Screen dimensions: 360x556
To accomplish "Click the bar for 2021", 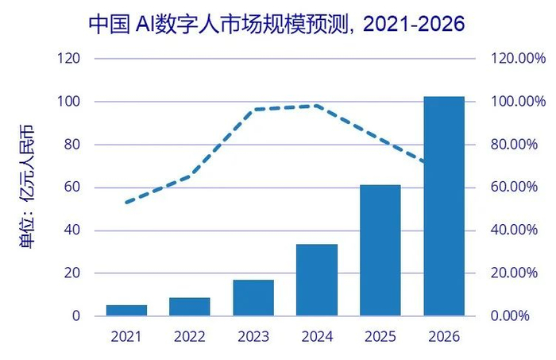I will [x=126, y=310].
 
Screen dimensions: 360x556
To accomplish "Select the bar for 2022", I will [x=190, y=307].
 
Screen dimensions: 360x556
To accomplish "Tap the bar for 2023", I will [x=253, y=298].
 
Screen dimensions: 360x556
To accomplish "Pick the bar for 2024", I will [x=317, y=280].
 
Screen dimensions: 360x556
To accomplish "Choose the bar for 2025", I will [x=380, y=250].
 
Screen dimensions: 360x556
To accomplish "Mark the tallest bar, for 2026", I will [x=444, y=207].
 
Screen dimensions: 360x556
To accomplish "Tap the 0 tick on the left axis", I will [x=76, y=316].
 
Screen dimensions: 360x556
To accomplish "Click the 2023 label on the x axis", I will [x=253, y=337].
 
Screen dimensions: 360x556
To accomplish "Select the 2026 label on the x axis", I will [x=444, y=337].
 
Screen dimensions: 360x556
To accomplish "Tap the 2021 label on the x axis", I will [x=126, y=337].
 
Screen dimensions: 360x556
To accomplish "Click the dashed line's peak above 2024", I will [x=317, y=106].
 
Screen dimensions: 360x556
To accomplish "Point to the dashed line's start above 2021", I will [x=127, y=203].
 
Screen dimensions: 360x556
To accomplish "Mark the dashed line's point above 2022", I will [x=190, y=175].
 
